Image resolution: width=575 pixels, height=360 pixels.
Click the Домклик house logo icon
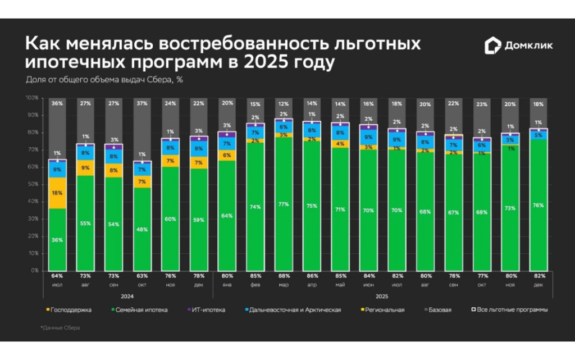click(x=492, y=45)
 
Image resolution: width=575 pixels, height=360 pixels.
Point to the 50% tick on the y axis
click(x=32, y=184)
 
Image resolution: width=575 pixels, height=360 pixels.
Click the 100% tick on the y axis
click(x=31, y=98)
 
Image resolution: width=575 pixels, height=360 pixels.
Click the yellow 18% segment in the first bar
click(x=57, y=193)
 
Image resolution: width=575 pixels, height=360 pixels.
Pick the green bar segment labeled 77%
click(x=284, y=204)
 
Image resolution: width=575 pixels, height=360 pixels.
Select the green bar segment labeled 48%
click(x=143, y=229)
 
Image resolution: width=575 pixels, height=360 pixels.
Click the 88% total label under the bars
click(x=284, y=276)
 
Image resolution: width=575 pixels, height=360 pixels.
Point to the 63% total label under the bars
click(x=143, y=276)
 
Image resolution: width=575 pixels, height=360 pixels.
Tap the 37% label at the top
click(x=143, y=103)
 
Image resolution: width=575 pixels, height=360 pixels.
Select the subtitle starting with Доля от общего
click(x=104, y=79)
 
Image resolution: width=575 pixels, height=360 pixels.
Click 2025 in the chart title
click(x=263, y=62)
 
